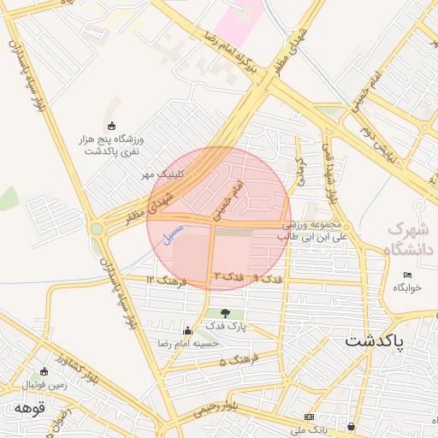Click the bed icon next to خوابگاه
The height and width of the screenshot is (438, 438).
407,275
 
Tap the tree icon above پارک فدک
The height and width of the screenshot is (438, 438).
225,313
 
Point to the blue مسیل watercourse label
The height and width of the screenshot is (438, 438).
173,232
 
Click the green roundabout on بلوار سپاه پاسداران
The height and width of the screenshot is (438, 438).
96,229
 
